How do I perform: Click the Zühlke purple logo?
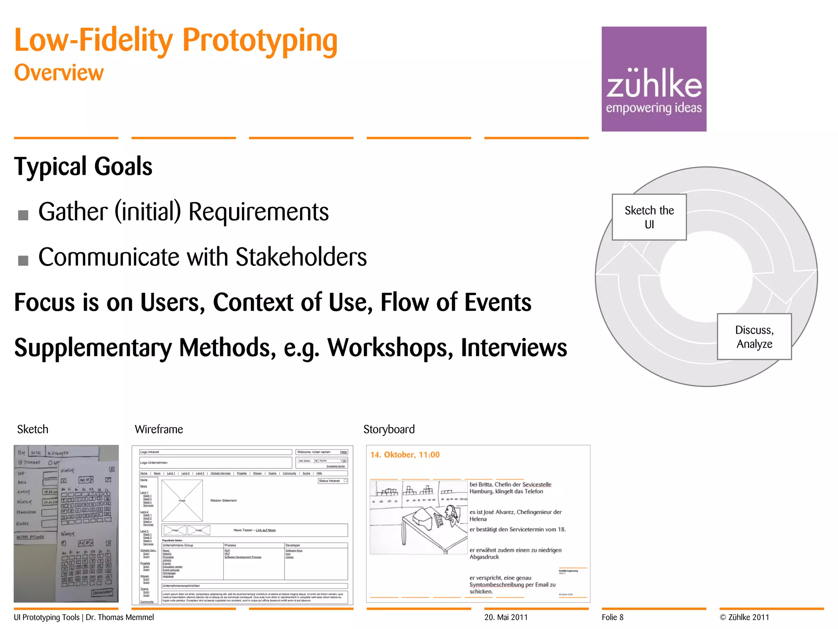(653, 79)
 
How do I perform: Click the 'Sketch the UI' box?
(649, 217)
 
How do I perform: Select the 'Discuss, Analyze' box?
(754, 337)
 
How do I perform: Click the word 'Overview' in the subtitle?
(59, 73)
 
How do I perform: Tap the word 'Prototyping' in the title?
(260, 41)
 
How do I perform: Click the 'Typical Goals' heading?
(83, 166)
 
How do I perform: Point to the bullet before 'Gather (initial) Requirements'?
(23, 215)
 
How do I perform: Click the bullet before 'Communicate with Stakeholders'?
(23, 260)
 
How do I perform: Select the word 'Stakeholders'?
(301, 257)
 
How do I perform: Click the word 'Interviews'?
(514, 348)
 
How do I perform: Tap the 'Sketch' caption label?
(33, 429)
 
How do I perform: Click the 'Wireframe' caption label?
(159, 429)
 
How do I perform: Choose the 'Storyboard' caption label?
(389, 429)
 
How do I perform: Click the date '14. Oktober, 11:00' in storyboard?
(405, 455)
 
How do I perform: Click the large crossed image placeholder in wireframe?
(182, 500)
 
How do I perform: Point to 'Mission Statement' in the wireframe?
(223, 500)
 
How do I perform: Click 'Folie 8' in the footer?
(613, 617)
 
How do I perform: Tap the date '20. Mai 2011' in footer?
(506, 617)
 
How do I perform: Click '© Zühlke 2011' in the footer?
(744, 617)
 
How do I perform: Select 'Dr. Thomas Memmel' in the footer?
(120, 617)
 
